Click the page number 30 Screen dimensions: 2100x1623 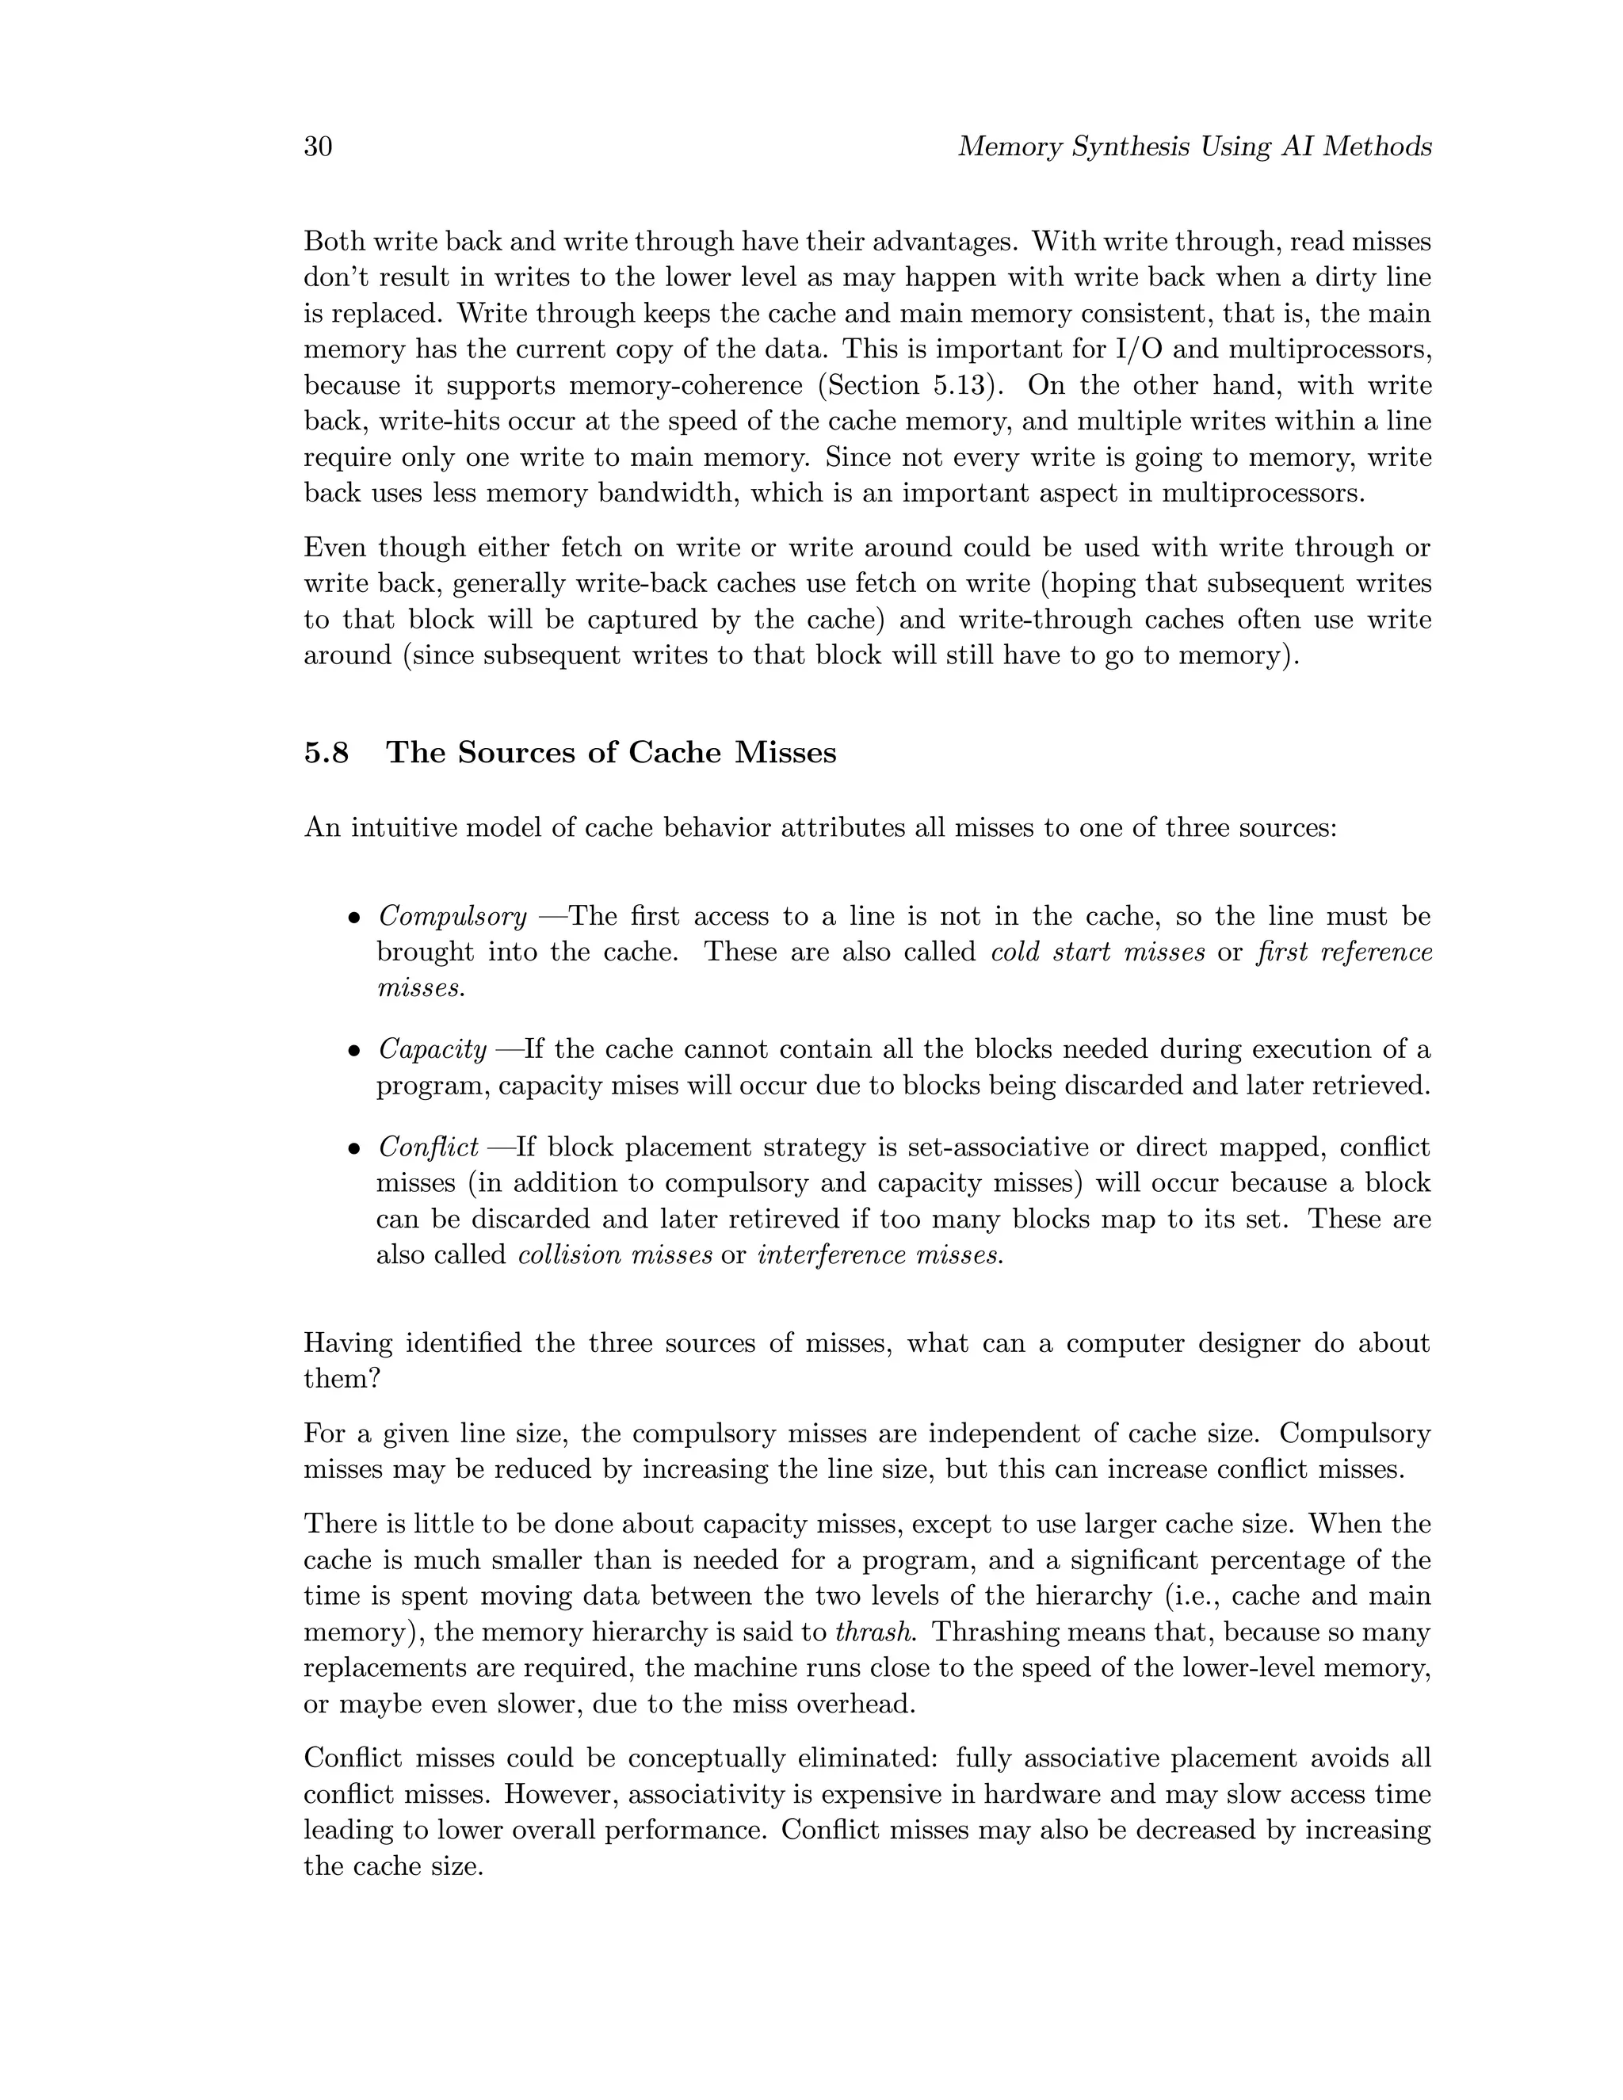319,147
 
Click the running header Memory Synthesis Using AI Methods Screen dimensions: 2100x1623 1194,147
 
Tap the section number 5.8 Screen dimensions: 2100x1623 327,752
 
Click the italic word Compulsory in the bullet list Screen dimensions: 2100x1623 452,916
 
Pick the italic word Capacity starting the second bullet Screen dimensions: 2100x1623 432,1049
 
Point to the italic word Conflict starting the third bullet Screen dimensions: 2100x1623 428,1147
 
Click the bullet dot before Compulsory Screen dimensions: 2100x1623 353,918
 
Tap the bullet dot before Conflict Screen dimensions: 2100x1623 353,1149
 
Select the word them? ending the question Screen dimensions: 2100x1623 342,1379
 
